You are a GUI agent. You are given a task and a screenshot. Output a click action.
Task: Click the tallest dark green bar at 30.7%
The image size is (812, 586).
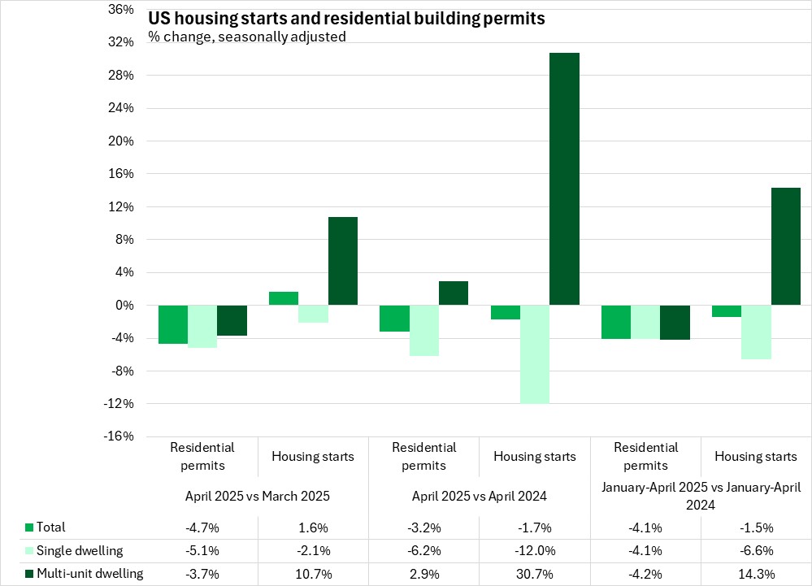tap(564, 179)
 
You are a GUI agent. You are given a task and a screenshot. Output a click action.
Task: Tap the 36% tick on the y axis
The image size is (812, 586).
tap(120, 10)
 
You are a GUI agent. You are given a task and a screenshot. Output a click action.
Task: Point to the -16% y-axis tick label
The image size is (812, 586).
tap(118, 436)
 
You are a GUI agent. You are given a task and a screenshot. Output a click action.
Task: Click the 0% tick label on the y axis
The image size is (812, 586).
tap(124, 306)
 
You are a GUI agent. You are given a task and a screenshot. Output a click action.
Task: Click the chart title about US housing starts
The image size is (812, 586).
tap(346, 19)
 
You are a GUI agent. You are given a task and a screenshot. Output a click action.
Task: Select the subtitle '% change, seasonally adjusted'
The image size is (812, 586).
tap(247, 37)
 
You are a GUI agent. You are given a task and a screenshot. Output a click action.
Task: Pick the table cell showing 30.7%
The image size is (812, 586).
tap(535, 574)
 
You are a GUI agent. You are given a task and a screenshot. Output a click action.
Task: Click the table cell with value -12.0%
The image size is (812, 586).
tap(535, 550)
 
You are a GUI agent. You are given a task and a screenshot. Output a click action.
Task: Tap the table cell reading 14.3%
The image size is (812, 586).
tap(756, 574)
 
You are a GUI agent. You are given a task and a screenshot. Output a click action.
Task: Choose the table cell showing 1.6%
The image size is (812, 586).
tap(313, 527)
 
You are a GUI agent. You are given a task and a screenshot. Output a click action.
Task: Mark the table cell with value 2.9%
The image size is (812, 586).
tap(423, 574)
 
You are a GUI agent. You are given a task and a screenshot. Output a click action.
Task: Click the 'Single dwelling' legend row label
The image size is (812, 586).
tap(80, 550)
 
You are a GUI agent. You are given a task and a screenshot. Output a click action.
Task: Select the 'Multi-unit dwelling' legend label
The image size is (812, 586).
tap(90, 574)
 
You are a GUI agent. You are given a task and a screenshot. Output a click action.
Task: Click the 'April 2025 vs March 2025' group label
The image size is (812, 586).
tap(258, 495)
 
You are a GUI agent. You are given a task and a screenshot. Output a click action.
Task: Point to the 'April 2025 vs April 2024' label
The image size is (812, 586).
tap(480, 495)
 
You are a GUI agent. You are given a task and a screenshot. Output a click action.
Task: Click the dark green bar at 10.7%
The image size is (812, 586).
tap(342, 261)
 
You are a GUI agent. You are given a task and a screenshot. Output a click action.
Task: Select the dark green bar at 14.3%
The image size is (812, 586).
tap(785, 246)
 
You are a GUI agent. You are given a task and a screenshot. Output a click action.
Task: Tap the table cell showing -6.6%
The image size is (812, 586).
tap(756, 550)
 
